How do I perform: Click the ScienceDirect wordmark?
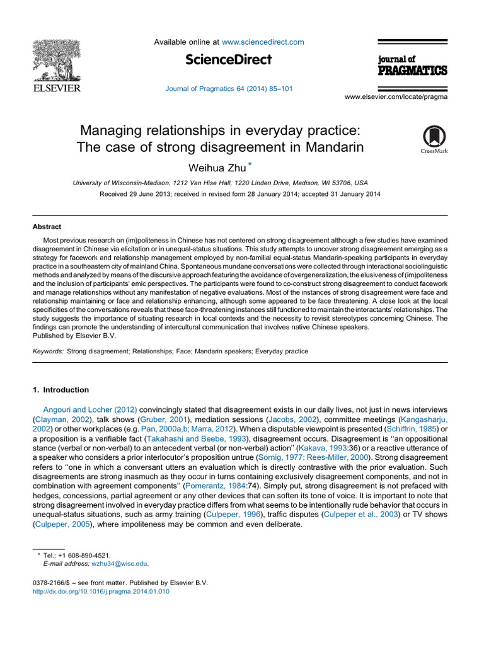point(229,60)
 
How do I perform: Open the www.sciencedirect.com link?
point(263,42)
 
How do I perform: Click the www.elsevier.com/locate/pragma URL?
point(396,97)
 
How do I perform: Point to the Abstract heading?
point(47,227)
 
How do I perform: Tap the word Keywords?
point(48,351)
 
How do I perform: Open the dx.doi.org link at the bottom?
point(100,591)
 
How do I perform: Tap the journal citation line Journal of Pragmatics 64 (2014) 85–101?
point(229,89)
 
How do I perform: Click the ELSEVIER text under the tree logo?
point(56,88)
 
